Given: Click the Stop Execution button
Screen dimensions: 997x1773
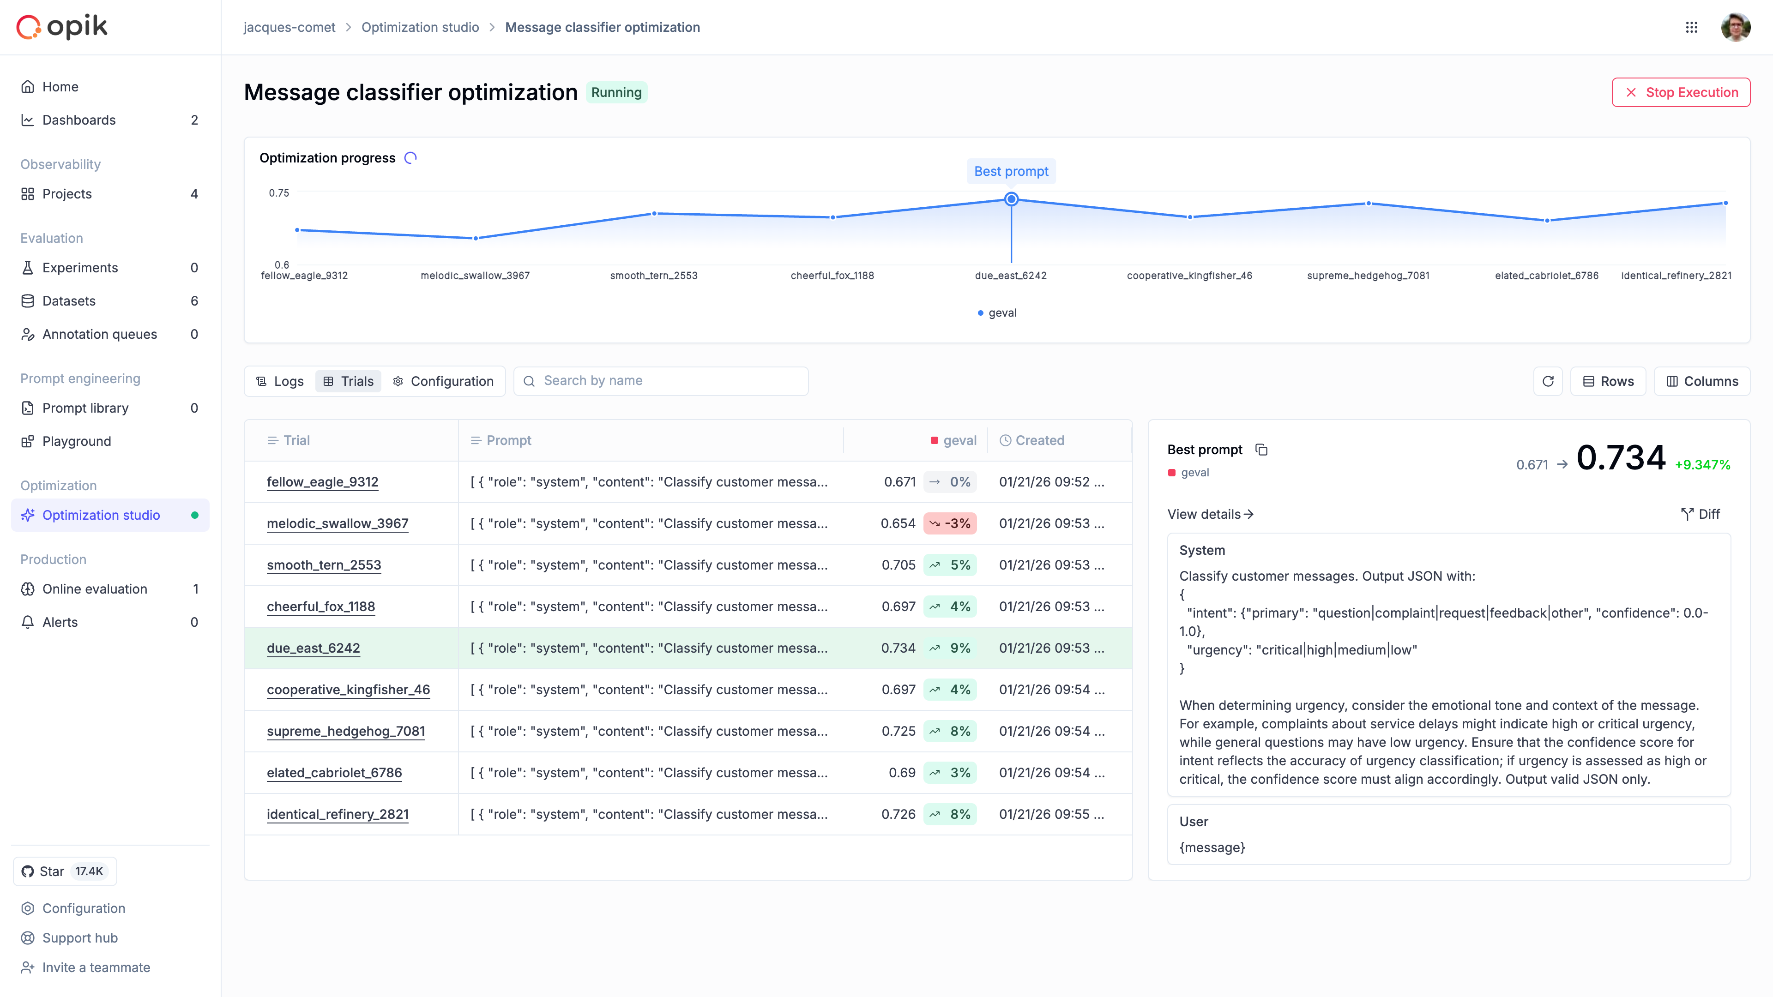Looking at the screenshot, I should point(1680,92).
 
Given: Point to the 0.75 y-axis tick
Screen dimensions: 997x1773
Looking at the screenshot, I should point(279,193).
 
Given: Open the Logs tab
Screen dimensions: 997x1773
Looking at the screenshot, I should point(280,381).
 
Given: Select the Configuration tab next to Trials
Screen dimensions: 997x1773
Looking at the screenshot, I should point(443,381).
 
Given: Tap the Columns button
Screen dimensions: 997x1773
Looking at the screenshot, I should point(1701,381).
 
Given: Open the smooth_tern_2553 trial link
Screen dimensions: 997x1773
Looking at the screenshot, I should point(324,565).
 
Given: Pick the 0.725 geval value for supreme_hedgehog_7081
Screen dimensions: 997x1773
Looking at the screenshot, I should point(898,732).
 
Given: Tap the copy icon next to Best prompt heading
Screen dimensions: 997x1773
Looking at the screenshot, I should point(1261,450).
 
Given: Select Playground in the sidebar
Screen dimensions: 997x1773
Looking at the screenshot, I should point(76,442).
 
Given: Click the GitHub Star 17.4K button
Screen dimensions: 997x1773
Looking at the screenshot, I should point(65,871).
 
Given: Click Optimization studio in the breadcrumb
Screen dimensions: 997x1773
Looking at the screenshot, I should point(420,28).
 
